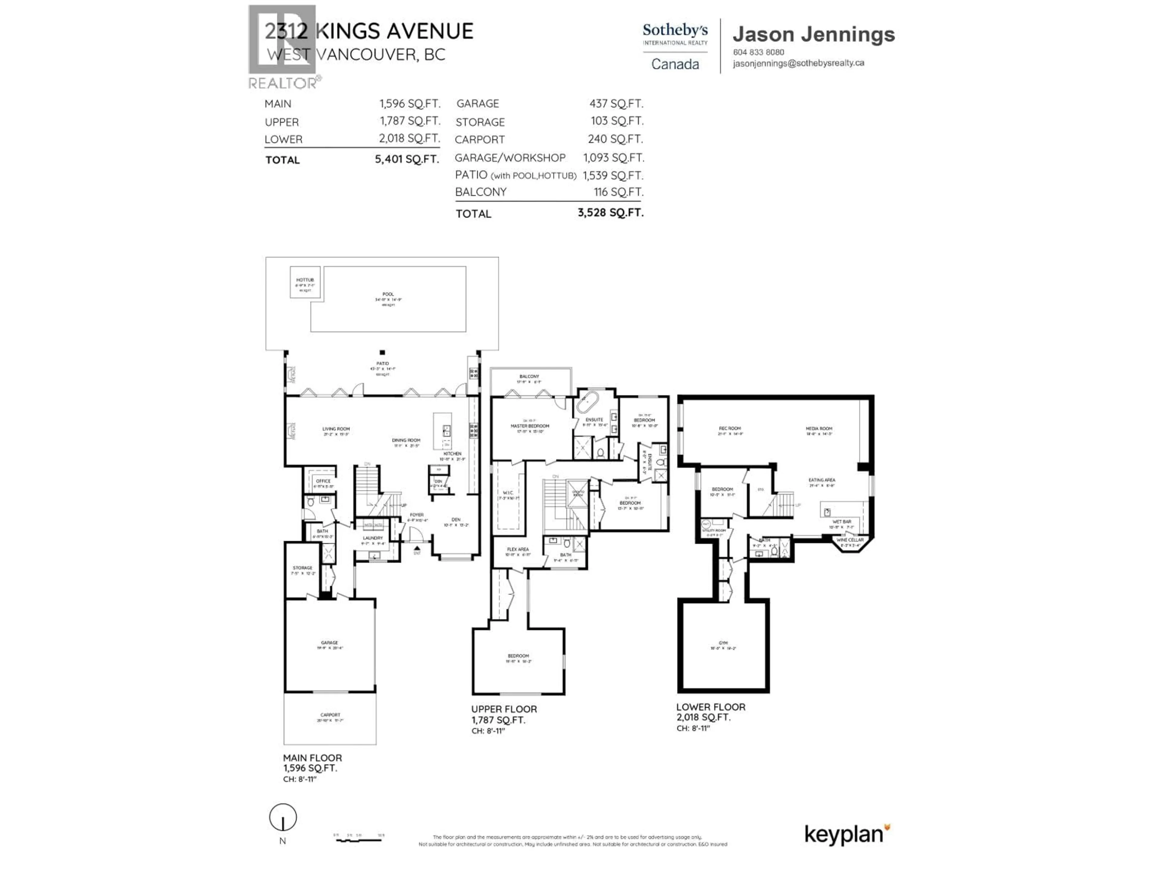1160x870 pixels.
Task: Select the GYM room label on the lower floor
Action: tap(723, 643)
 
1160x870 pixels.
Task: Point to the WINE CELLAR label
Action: tap(849, 540)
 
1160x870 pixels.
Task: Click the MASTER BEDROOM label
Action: tap(530, 426)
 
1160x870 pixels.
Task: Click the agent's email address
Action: tap(798, 63)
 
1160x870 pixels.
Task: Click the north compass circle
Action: tap(283, 817)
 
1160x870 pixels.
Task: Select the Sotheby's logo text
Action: tap(675, 31)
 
